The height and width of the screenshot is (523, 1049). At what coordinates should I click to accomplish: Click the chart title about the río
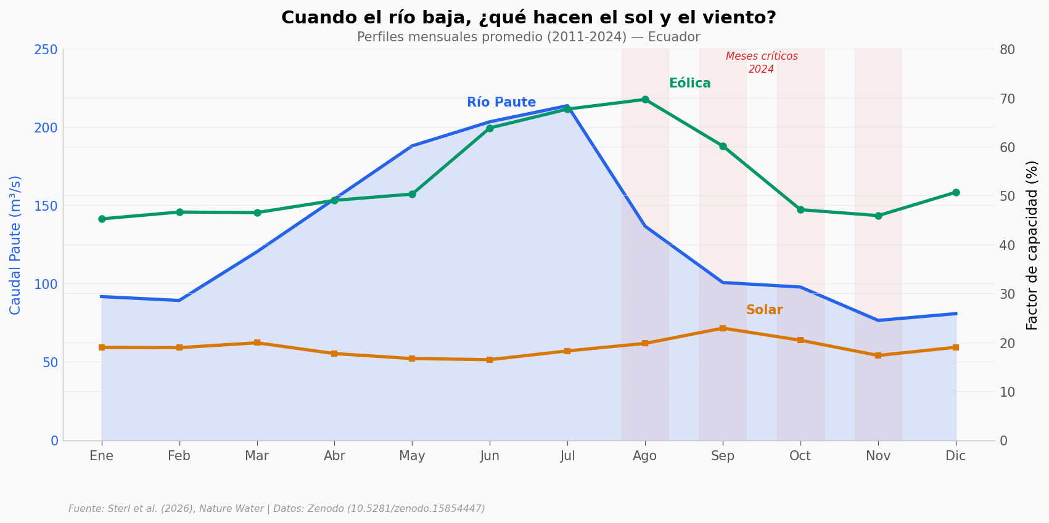pos(529,18)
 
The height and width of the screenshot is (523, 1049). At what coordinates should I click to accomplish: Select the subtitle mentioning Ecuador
pos(529,38)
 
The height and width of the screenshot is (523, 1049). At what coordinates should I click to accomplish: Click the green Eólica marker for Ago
pos(645,99)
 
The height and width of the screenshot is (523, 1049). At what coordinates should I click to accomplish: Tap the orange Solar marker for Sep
pos(723,328)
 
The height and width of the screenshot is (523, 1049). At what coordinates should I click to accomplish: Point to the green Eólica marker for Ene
pos(102,219)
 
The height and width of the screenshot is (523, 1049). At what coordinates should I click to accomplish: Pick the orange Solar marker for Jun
pos(490,360)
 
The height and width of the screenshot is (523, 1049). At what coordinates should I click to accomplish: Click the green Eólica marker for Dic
pos(956,192)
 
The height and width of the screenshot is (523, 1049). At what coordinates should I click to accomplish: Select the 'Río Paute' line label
pos(501,103)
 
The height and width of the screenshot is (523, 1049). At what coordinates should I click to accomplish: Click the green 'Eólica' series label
pos(689,84)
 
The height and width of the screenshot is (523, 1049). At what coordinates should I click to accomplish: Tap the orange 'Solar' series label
pos(764,310)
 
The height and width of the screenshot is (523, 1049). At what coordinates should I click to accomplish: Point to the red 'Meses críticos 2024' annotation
pos(762,63)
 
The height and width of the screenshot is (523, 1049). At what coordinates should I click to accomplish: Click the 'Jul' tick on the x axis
pos(567,456)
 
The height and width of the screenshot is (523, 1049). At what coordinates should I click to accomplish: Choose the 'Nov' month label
pos(878,456)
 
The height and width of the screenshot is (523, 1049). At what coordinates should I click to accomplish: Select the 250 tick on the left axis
pos(46,49)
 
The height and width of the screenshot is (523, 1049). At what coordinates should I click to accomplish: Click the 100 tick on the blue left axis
pos(46,284)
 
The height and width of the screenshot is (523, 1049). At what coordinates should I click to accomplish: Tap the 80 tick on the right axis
pos(1007,49)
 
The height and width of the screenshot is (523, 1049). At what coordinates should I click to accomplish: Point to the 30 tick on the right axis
pos(1007,294)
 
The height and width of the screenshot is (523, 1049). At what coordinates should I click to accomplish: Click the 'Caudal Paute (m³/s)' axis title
pos(15,245)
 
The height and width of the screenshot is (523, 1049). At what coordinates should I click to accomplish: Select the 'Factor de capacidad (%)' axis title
pos(1032,245)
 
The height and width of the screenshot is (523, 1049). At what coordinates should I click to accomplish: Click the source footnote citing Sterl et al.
pos(277,509)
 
